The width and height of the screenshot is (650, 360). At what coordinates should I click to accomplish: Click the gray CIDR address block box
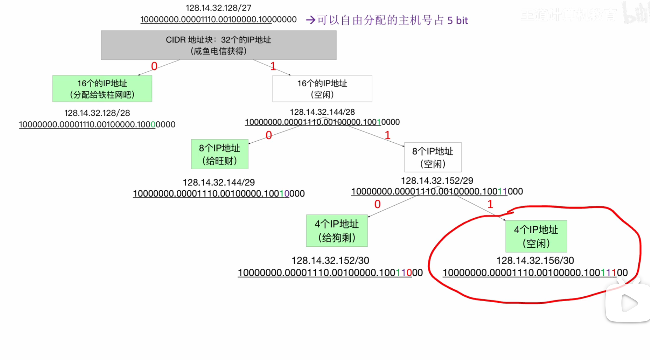click(219, 45)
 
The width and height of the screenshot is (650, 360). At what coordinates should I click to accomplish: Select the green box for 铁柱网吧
click(102, 88)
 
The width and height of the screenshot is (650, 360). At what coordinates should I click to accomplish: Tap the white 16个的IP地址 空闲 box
click(322, 88)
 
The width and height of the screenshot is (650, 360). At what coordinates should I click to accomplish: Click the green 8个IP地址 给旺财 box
click(220, 154)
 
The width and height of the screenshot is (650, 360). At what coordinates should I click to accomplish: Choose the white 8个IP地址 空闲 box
click(433, 157)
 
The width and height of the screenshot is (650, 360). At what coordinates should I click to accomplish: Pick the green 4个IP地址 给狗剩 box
click(337, 230)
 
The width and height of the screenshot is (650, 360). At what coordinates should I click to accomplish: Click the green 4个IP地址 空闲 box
click(536, 236)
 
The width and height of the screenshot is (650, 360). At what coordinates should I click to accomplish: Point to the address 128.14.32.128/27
click(219, 8)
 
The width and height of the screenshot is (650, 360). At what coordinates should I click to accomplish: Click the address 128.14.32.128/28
click(97, 113)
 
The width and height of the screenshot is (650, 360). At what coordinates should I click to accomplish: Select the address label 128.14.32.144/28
click(322, 112)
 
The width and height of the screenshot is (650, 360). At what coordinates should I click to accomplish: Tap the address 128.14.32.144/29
click(219, 182)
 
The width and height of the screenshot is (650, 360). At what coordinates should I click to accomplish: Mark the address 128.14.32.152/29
click(437, 180)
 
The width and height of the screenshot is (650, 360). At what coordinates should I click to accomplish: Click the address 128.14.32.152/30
click(330, 260)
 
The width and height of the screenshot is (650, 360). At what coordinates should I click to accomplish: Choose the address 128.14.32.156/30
click(535, 260)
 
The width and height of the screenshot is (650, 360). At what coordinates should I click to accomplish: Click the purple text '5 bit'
click(457, 20)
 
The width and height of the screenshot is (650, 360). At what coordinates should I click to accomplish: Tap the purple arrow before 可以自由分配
click(310, 20)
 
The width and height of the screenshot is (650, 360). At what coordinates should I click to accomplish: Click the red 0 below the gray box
click(154, 66)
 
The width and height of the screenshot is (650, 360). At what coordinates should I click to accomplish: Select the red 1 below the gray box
click(273, 66)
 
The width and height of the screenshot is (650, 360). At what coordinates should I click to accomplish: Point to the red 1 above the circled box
click(490, 204)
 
